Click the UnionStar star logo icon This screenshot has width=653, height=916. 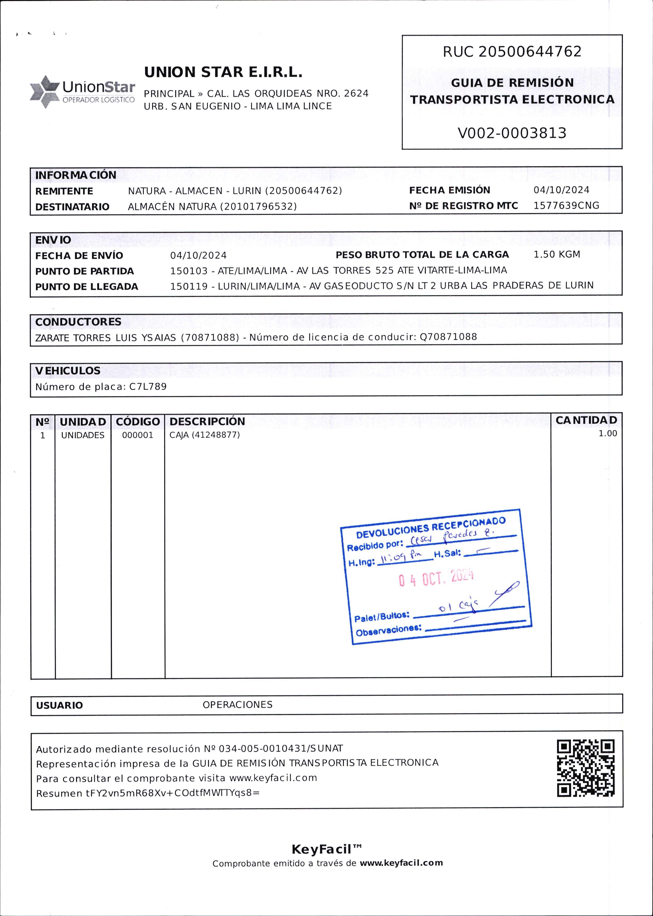click(45, 92)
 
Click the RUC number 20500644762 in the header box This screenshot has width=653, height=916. click(530, 52)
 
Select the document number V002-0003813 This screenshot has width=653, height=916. click(512, 133)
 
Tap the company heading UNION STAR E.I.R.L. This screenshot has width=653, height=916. click(223, 72)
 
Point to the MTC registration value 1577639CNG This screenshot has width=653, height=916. click(566, 206)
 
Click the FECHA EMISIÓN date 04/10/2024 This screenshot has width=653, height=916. click(561, 190)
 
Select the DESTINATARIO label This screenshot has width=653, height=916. click(72, 207)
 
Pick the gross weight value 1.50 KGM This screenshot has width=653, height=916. click(557, 254)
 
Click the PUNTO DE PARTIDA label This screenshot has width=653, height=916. click(84, 271)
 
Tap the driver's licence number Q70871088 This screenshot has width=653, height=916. click(448, 337)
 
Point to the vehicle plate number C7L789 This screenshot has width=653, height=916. click(148, 387)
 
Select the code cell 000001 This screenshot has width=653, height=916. click(138, 435)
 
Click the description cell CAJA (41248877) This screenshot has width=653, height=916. click(205, 435)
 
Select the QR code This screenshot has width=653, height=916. click(586, 768)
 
